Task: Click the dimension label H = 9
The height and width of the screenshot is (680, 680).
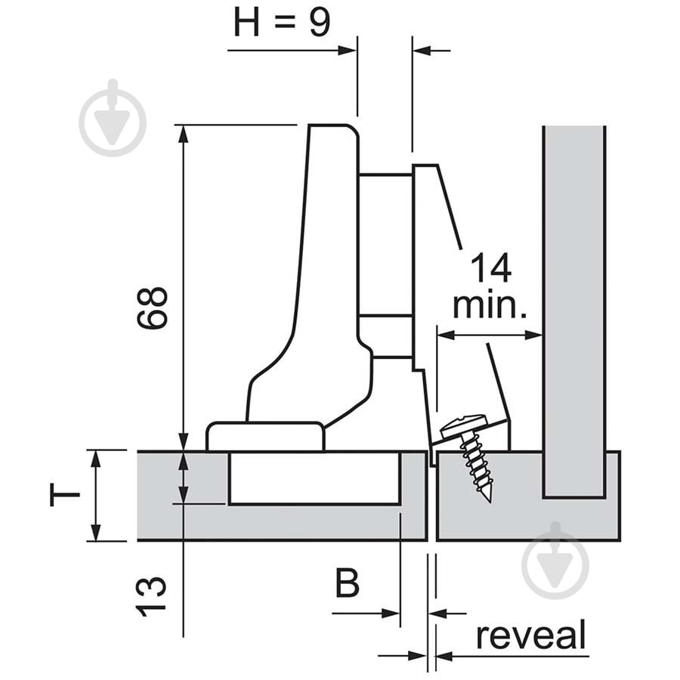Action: (x=281, y=23)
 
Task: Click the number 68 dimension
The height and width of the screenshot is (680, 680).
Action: (x=153, y=308)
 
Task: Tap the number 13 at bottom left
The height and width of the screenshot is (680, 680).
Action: (x=153, y=596)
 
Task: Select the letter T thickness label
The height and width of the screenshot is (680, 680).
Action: (x=66, y=495)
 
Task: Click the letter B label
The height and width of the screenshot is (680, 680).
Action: (x=347, y=584)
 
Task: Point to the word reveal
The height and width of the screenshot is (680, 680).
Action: (x=530, y=636)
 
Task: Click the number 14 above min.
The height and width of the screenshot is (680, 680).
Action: (x=490, y=269)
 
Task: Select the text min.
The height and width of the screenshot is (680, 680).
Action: (x=489, y=306)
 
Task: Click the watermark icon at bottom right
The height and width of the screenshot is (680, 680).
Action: (x=555, y=560)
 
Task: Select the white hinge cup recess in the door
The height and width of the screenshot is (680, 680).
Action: (x=314, y=478)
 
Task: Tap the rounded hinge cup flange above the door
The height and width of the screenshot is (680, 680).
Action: (x=265, y=437)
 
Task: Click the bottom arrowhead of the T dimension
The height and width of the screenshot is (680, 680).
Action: (x=94, y=533)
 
